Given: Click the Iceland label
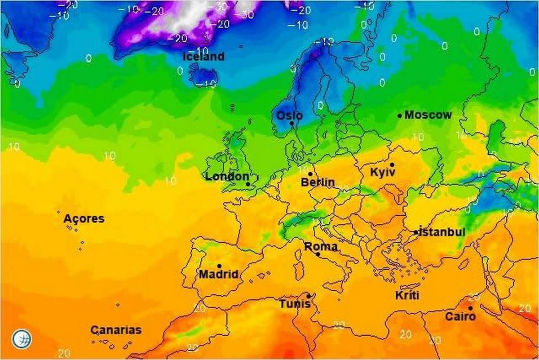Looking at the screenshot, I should pos(203,57).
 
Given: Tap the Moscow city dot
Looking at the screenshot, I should pos(399,116).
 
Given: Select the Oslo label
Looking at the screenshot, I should pos(289,116).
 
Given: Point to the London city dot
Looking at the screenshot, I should pos(248,184).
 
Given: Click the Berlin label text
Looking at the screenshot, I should pos(318,182).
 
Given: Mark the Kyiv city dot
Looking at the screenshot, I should pos(392,165).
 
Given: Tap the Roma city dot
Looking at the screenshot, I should pos(318,254).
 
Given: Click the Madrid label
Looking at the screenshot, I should pos(218,274).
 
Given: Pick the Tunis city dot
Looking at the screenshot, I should pos(309,296).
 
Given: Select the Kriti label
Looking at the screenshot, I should pos(407,295).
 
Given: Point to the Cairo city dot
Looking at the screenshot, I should pos(470,308).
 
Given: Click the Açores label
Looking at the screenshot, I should pos(84,219).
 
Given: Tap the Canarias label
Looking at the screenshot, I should pos(116,330).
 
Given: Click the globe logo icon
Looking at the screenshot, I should pos(22,339).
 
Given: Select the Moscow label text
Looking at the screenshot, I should pos(428,115).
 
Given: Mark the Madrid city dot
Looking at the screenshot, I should pos(219,266).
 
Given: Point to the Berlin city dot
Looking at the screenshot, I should pos(310,173).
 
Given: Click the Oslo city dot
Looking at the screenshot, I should pos(292,123).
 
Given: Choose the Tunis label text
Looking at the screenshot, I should pos(295,304).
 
